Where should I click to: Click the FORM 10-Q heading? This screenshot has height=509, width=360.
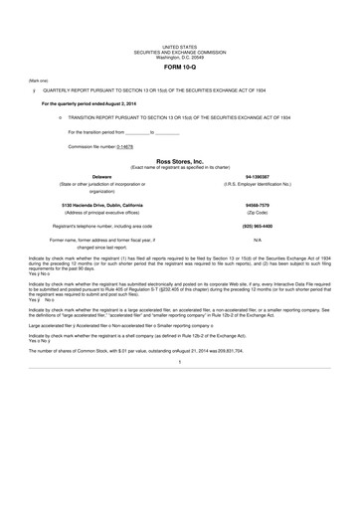(x=180, y=67)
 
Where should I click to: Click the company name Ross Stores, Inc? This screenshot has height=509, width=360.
(x=180, y=160)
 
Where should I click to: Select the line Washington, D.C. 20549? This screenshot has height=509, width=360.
(x=180, y=56)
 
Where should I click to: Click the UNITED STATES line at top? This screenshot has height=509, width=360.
(x=180, y=46)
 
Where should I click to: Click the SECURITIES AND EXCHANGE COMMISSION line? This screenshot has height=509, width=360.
(x=180, y=51)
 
